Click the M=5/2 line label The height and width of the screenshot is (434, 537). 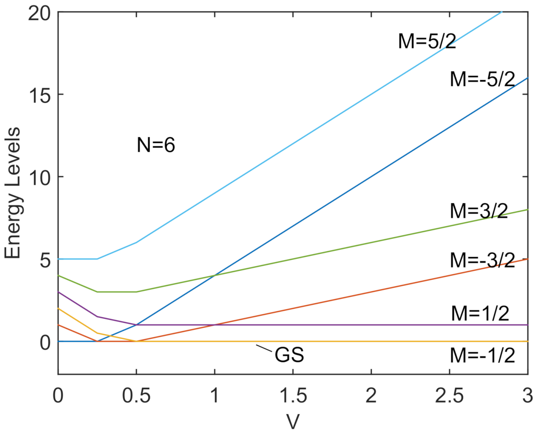(x=427, y=41)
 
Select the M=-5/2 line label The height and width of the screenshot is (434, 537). (x=482, y=79)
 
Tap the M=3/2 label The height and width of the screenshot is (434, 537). (x=479, y=211)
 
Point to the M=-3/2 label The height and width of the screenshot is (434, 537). (x=482, y=260)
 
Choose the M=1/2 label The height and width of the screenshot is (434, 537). (x=480, y=313)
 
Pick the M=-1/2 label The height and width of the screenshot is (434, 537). (x=482, y=355)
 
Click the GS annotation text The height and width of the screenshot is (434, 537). (x=289, y=355)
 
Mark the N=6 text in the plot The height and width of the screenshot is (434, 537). (x=156, y=145)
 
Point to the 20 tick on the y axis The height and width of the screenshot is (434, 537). (x=39, y=13)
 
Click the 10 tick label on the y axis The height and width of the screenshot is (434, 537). (x=40, y=178)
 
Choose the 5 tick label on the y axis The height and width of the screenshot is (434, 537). (x=45, y=260)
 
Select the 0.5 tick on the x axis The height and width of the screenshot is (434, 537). (x=136, y=395)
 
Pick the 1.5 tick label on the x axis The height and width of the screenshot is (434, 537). (x=293, y=395)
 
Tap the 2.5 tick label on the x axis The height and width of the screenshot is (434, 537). (x=449, y=395)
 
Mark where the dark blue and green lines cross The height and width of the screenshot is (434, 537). (x=215, y=275)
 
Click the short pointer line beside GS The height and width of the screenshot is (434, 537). (x=264, y=349)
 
